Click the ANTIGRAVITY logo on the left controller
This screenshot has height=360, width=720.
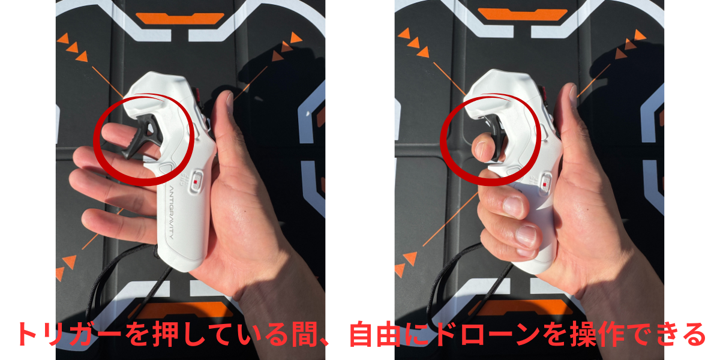[x=172, y=212]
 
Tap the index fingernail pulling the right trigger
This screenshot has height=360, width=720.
[x=480, y=150]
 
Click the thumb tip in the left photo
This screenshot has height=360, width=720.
[x=229, y=97]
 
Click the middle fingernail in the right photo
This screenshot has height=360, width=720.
[x=514, y=206]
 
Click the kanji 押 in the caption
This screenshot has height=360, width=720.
[x=166, y=334]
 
